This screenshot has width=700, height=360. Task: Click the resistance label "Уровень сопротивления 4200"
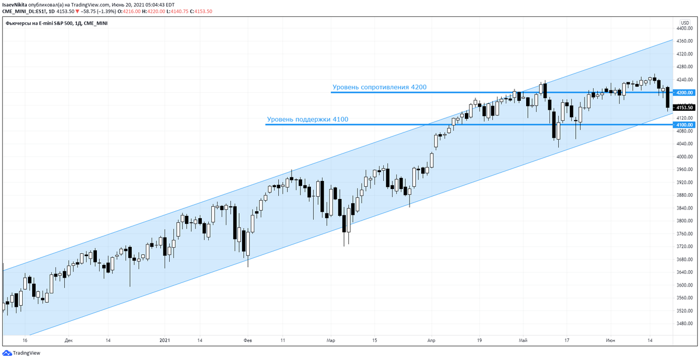pyautogui.click(x=379, y=88)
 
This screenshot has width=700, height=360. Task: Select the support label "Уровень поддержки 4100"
pyautogui.click(x=307, y=120)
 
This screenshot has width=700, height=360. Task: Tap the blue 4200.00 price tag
pyautogui.click(x=684, y=93)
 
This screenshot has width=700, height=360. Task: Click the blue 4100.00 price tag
pyautogui.click(x=684, y=125)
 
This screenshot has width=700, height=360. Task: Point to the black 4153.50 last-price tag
pyautogui.click(x=684, y=107)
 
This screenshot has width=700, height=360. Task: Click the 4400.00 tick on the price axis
pyautogui.click(x=684, y=28)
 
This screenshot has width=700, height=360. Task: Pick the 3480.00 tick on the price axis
pyautogui.click(x=684, y=324)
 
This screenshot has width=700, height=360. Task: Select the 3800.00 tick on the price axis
pyautogui.click(x=684, y=221)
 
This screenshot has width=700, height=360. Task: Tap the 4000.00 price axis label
pyautogui.click(x=684, y=157)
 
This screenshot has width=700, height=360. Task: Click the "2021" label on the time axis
pyautogui.click(x=165, y=340)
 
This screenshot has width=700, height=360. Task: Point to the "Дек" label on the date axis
pyautogui.click(x=69, y=340)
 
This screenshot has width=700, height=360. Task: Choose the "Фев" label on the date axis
pyautogui.click(x=247, y=340)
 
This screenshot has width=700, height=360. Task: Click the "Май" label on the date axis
pyautogui.click(x=523, y=340)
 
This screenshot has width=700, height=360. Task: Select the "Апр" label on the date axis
pyautogui.click(x=432, y=340)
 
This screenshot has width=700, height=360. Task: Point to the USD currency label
pyautogui.click(x=685, y=22)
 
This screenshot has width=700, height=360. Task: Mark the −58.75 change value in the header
pyautogui.click(x=89, y=11)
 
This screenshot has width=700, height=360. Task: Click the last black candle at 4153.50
pyautogui.click(x=668, y=98)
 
